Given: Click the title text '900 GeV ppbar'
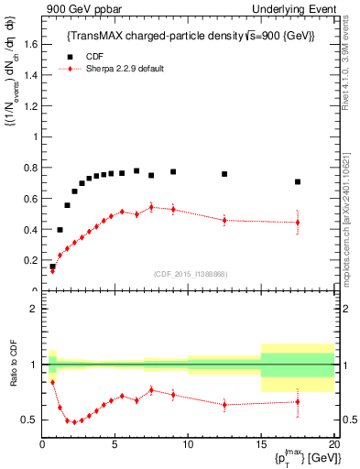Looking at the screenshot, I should click(78, 8).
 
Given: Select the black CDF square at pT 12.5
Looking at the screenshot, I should click(224, 174).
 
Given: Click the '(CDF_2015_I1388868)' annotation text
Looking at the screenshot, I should click(190, 275).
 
